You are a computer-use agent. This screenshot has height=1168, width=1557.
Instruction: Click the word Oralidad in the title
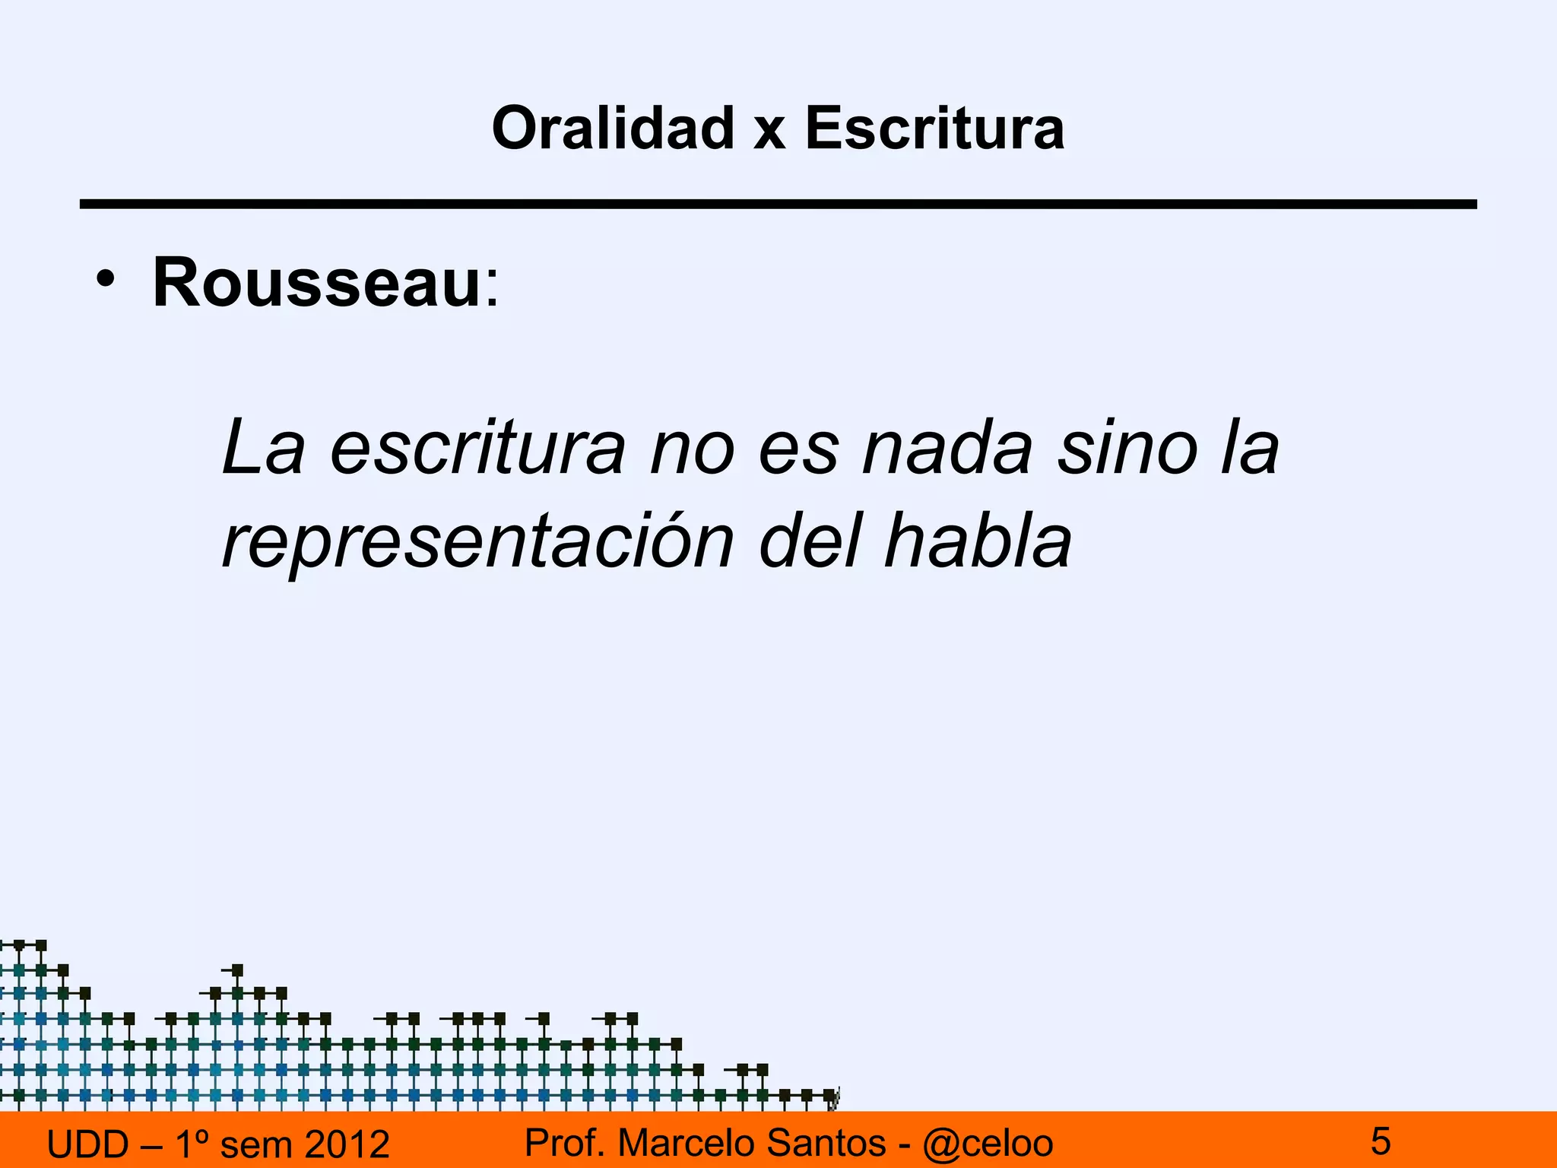(613, 128)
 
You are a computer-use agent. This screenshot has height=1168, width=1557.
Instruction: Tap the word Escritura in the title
(934, 128)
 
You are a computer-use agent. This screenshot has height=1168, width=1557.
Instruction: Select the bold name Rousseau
(316, 283)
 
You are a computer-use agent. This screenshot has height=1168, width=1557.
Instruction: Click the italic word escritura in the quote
(478, 449)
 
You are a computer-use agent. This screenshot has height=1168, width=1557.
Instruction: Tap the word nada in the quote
(947, 449)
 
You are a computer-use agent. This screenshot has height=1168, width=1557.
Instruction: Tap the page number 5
(1381, 1141)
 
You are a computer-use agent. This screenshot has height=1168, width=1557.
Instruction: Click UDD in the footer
(88, 1144)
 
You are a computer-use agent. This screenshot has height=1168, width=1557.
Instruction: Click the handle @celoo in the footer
(988, 1143)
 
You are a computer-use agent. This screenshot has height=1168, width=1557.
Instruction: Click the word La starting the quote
(262, 449)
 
